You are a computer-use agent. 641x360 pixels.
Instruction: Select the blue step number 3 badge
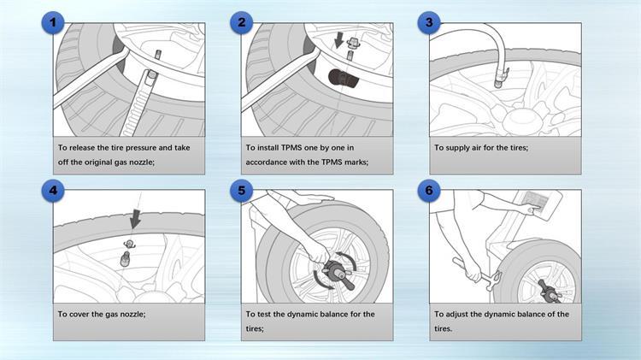tap(428, 24)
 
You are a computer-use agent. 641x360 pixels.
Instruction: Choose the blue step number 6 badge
tap(428, 191)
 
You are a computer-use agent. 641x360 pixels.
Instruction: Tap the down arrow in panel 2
tap(340, 39)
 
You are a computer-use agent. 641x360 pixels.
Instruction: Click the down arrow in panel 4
tap(133, 221)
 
